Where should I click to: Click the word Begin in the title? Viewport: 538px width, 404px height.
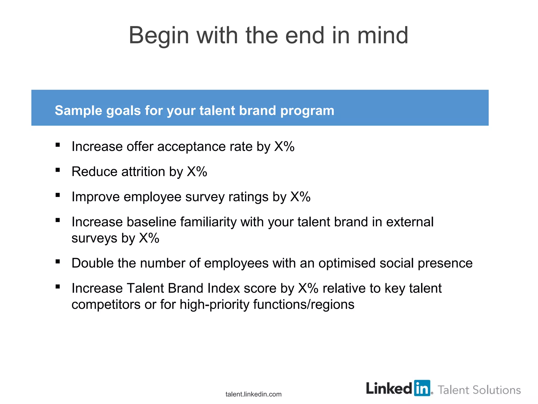point(159,36)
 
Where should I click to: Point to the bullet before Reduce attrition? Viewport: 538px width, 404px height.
point(58,170)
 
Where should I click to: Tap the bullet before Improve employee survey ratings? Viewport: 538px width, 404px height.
point(58,195)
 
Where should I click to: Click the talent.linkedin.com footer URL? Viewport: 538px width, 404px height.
point(253,394)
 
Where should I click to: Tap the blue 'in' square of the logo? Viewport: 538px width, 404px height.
point(422,388)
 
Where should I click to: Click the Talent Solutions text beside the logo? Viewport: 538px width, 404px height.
point(479,390)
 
